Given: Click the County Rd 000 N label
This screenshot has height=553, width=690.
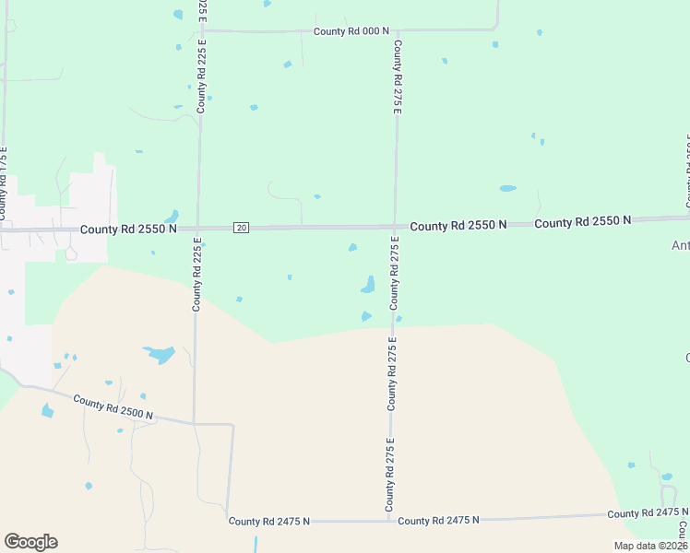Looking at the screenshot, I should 347,31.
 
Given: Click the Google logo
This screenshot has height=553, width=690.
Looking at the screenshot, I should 30,542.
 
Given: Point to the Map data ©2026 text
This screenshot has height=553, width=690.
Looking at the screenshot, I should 650,546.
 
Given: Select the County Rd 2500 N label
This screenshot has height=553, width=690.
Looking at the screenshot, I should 113,408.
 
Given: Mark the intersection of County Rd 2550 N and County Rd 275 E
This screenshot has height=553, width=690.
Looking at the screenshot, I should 395,226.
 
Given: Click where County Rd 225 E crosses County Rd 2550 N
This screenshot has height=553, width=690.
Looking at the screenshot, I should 198,228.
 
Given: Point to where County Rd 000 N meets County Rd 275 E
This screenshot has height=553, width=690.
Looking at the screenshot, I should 395,30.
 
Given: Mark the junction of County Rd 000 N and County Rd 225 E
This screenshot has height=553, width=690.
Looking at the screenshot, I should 202,30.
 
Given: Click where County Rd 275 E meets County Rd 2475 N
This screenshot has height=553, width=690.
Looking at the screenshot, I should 390,521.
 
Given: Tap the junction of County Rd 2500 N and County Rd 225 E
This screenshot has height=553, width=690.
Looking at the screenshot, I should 194,423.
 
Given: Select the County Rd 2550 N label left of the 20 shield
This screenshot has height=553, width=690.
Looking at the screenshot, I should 127,229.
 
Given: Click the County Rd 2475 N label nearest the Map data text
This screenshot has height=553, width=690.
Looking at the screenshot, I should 648,512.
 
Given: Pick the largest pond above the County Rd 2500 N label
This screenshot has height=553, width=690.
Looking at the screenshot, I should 159,354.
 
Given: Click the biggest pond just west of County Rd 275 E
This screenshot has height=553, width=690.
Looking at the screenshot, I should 368,285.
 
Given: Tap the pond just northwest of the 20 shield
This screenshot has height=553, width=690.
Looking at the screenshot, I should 172,216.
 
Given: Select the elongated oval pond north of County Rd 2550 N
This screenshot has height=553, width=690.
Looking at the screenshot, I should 507,188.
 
